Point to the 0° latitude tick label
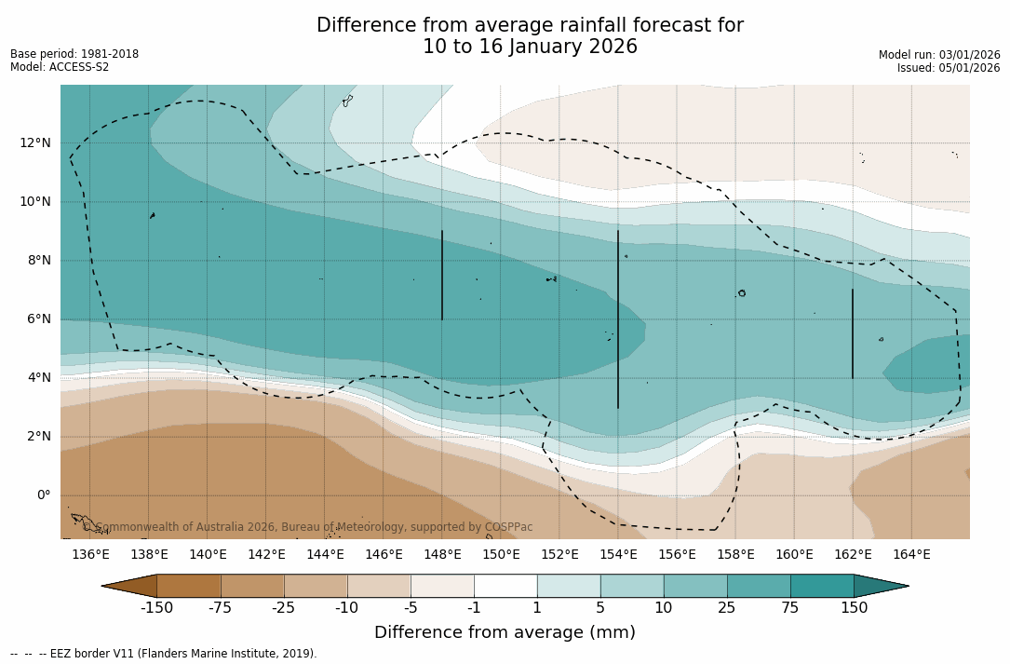click(43, 495)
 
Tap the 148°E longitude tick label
click(442, 555)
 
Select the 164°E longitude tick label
click(911, 555)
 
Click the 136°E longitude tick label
click(90, 555)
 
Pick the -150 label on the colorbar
click(156, 608)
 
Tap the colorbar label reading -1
click(474, 608)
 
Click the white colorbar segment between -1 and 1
click(505, 586)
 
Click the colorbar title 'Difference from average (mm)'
click(505, 633)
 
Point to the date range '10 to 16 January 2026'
click(530, 47)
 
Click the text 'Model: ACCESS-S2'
click(60, 67)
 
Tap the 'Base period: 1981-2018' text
click(74, 54)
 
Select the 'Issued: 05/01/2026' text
click(949, 68)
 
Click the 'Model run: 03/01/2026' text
click(939, 55)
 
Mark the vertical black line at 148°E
click(442, 275)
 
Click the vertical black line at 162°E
click(853, 333)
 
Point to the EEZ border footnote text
click(164, 654)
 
